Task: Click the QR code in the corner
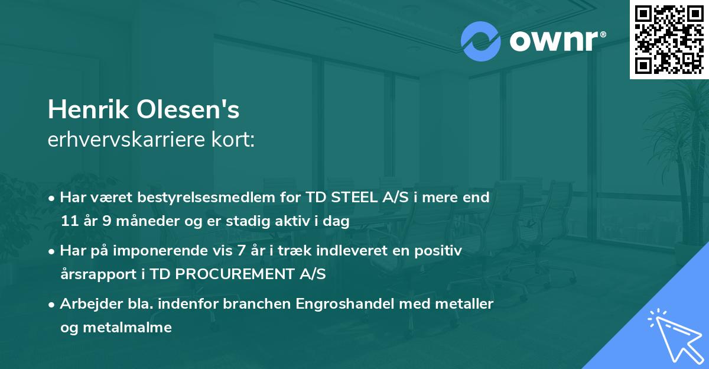coord(669,39)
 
